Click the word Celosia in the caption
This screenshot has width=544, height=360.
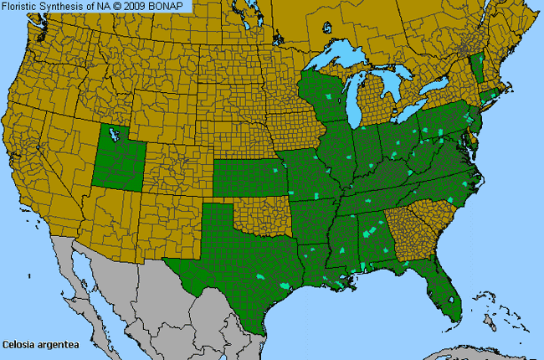pyautogui.click(x=18, y=344)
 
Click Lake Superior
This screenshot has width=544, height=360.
pyautogui.click(x=343, y=63)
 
